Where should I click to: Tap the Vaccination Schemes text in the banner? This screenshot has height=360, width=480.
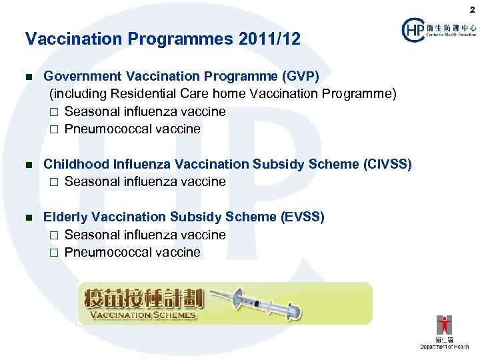143,315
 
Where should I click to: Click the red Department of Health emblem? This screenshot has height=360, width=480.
444,325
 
